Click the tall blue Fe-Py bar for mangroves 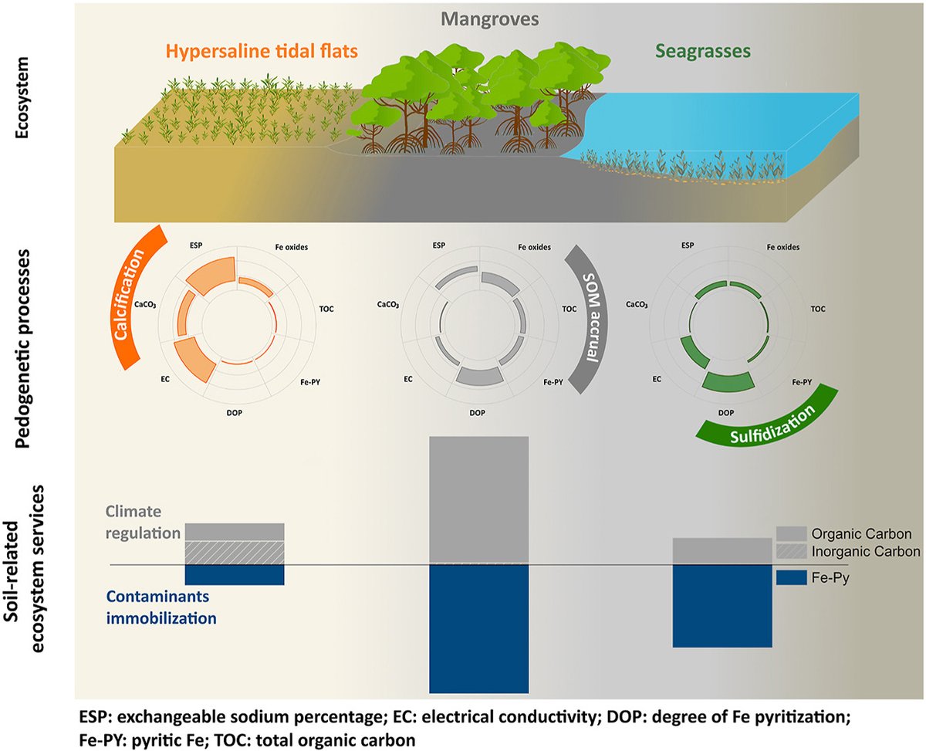pos(478,629)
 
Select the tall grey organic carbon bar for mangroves pos(478,499)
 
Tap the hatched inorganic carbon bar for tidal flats pos(235,553)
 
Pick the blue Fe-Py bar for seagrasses pos(722,606)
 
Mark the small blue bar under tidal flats pos(235,575)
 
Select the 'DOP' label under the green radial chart pos(726,414)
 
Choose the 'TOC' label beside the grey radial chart pos(569,309)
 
